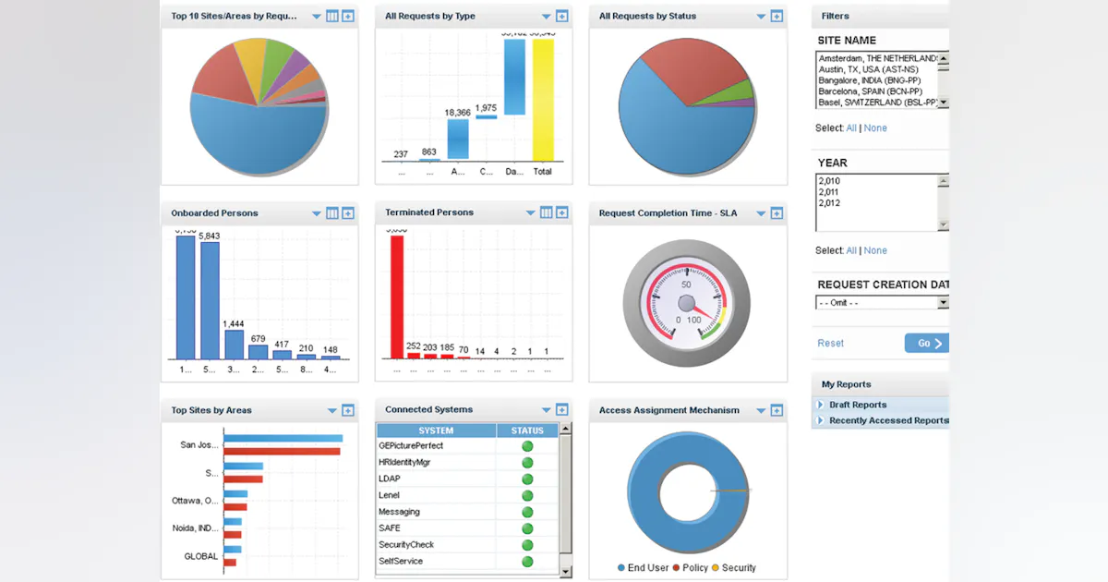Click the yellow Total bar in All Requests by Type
point(543,102)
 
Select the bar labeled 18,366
point(458,139)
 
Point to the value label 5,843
point(210,236)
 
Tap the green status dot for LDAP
point(527,479)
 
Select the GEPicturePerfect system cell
point(411,446)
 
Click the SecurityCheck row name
point(406,545)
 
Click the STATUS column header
point(527,430)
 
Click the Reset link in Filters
point(830,344)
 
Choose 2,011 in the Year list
point(829,192)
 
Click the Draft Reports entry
point(857,405)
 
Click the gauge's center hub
point(686,304)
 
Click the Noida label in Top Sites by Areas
point(194,528)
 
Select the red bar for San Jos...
point(282,452)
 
